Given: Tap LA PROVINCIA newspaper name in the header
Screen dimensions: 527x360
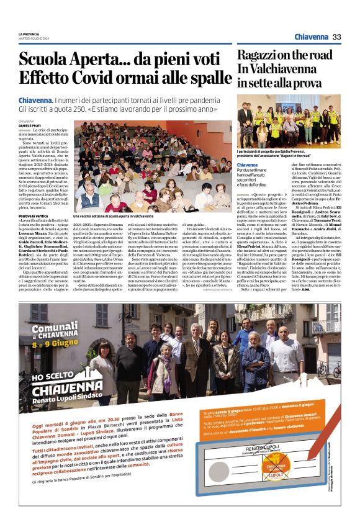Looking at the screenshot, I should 29,34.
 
